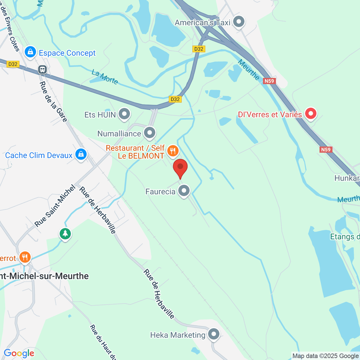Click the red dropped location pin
180,167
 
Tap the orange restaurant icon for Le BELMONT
172,151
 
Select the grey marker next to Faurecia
184,190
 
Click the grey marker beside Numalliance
149,133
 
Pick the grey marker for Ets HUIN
124,114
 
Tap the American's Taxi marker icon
239,22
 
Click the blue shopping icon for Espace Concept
30,52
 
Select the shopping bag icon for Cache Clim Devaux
81,154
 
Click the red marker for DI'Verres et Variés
310,114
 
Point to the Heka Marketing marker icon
214,334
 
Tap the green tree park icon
65,233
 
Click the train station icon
42,70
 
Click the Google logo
19,353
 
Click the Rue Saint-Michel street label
55,206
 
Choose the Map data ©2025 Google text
326,356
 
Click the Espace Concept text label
67,53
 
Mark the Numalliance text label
119,133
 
